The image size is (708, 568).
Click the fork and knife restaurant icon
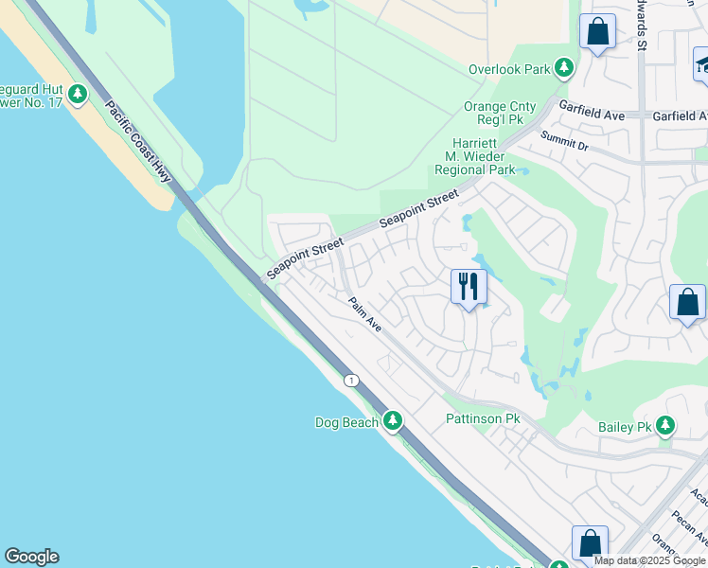click(x=469, y=287)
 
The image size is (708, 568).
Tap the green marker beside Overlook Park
click(x=564, y=68)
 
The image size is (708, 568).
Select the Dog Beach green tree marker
click(x=393, y=421)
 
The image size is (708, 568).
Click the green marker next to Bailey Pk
click(x=666, y=427)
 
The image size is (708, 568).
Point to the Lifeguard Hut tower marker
click(x=78, y=95)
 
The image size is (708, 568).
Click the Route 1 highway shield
click(x=352, y=380)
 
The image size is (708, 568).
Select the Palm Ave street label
click(x=364, y=314)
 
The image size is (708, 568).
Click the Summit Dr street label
click(x=564, y=141)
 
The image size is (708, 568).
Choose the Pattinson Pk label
click(x=483, y=418)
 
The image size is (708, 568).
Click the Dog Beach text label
click(x=346, y=422)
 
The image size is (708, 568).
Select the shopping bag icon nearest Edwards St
click(x=598, y=32)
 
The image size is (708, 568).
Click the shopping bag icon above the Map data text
click(x=590, y=543)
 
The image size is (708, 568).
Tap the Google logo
click(x=31, y=557)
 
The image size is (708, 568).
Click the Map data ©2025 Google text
click(x=649, y=560)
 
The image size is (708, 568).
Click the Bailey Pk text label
click(x=626, y=428)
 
